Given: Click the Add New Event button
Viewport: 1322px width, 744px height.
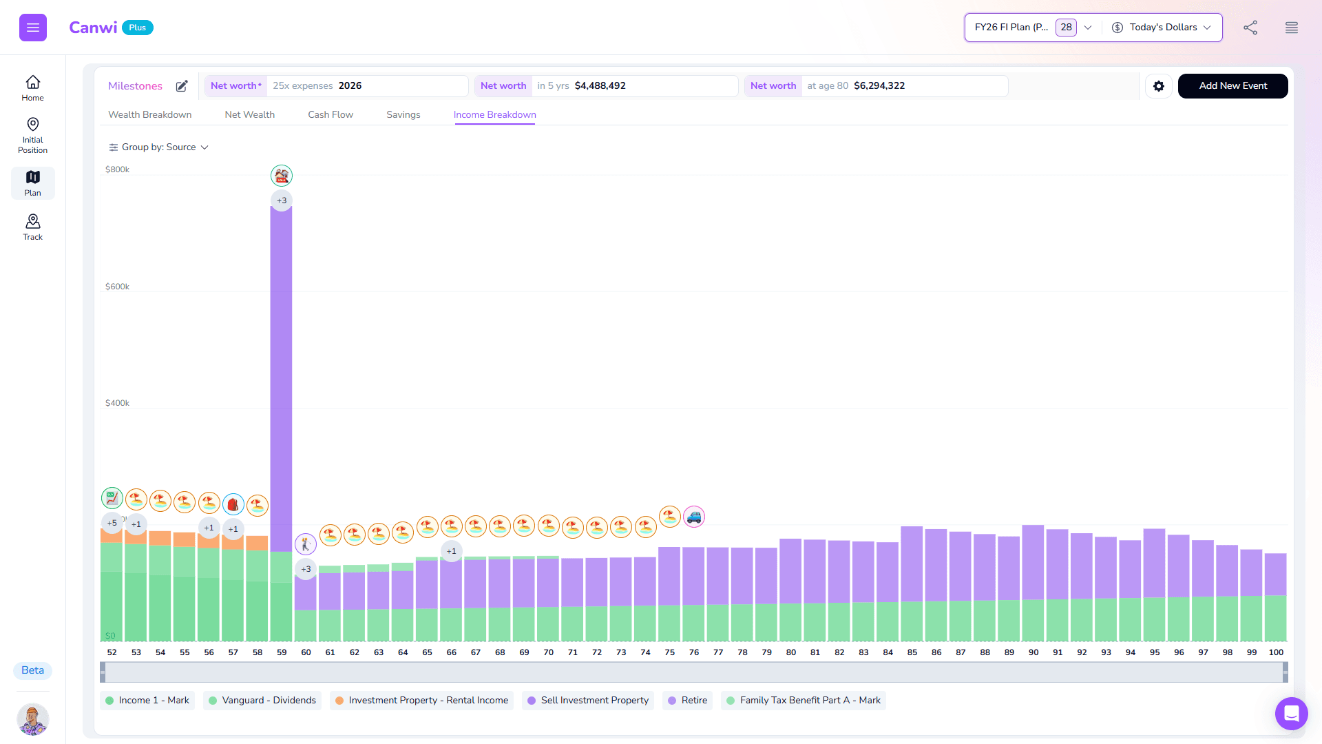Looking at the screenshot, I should coord(1232,86).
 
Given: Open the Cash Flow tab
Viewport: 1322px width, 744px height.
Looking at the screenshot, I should coord(330,115).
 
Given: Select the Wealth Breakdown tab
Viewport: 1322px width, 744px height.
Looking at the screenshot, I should coord(150,115).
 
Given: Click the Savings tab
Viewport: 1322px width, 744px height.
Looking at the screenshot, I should coord(403,115).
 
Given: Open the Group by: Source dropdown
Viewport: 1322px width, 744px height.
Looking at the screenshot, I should coord(159,147).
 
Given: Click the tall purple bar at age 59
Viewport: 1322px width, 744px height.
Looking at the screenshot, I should coord(281,379).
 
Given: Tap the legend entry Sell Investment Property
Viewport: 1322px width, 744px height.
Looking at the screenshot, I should coord(588,701).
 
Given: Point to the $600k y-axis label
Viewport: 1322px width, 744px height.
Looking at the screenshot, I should coord(117,287).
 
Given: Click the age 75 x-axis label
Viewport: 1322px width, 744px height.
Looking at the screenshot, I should coord(669,652).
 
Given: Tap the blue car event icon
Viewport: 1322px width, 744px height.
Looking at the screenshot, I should coord(694,517).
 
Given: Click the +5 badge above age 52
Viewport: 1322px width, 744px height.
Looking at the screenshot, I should coord(112,523).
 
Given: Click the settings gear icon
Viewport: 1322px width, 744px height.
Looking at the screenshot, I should coord(1159,86).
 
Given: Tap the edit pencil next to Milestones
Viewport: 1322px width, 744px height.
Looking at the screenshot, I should coord(182,86).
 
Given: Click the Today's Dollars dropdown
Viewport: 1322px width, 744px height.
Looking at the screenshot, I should coord(1162,28).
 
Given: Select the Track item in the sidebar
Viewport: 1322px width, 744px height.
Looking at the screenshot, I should coord(32,227).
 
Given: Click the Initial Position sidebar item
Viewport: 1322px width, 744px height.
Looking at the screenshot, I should coord(32,135).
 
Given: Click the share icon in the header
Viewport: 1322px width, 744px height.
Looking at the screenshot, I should coord(1250,28).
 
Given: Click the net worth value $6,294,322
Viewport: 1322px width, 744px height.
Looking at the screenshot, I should coord(879,86).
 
